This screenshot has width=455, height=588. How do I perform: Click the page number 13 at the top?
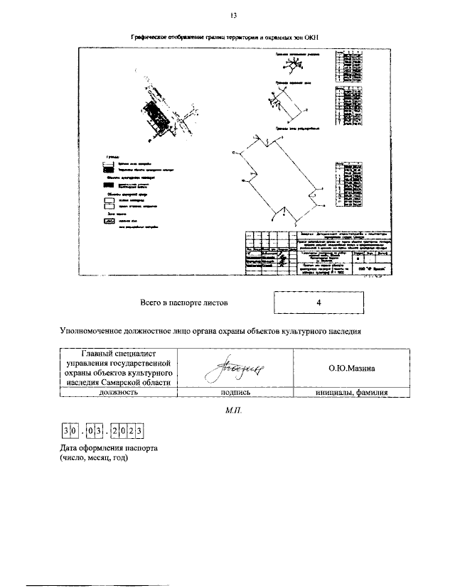coord(233,16)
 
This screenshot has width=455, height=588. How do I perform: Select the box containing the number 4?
coord(320,303)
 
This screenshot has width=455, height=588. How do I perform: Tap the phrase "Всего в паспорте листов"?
coord(184,303)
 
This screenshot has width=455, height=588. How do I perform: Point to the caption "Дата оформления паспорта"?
coord(108,450)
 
